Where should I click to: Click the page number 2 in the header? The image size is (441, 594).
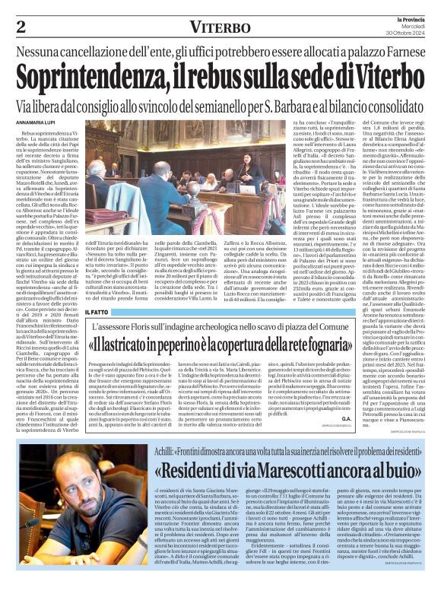click(21, 27)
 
